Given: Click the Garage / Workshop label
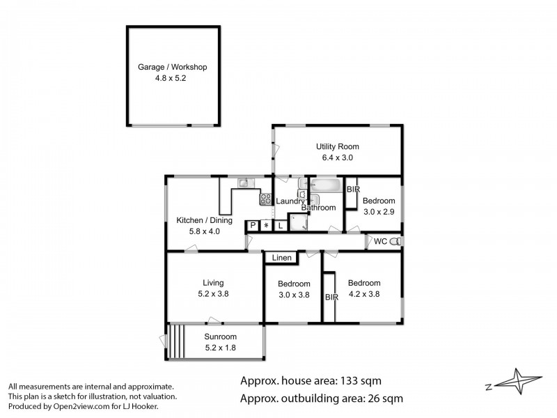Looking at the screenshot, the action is [172, 67].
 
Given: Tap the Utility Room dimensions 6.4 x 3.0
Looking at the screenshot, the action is [338, 157].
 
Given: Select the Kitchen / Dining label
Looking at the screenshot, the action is [204, 220].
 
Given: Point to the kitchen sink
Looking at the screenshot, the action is [246, 183].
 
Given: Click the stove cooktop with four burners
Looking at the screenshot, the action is [265, 199].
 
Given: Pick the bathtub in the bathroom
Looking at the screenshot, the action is [326, 185].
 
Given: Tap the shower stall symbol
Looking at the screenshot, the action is [298, 222].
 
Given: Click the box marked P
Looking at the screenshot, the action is [253, 225].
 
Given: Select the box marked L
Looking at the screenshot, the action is [281, 226].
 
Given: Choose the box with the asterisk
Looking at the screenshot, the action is [267, 225].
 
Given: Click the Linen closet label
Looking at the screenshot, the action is [282, 258].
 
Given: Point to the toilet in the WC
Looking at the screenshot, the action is [395, 242].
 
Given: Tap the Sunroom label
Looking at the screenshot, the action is [220, 336].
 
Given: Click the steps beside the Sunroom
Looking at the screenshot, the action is [177, 341].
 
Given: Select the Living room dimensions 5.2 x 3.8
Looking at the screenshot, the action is [213, 294].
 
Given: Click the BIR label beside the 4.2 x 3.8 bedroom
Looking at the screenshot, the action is [332, 297].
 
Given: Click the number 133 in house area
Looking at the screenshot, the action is [350, 380].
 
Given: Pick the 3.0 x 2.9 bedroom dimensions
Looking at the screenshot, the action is [379, 212].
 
